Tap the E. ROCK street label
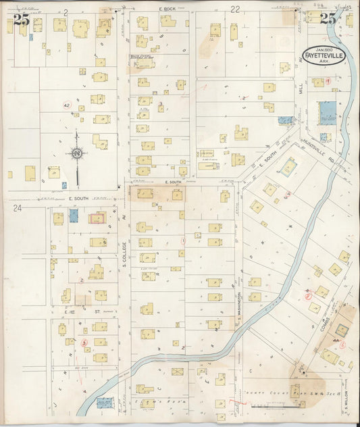(x=167, y=9)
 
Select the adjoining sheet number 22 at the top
(x=235, y=9)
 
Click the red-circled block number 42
(x=66, y=106)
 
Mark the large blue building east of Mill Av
(x=326, y=111)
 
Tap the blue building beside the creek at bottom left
(x=104, y=403)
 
